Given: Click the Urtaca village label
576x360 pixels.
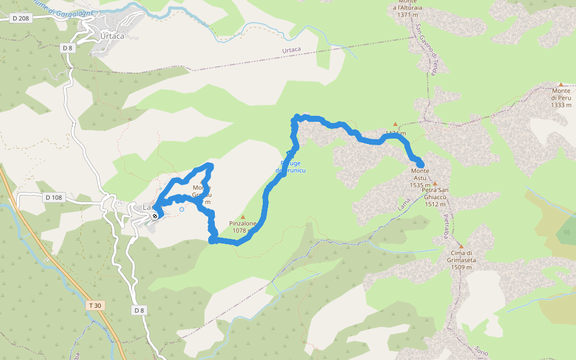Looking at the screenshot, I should coord(112,36).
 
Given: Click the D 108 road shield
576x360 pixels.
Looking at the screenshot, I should coord(53,197).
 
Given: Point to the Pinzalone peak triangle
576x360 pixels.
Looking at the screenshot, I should coord(243,217).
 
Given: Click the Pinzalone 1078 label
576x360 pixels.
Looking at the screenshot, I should coord(242,227).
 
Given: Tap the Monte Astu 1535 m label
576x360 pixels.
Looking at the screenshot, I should coord(419,178).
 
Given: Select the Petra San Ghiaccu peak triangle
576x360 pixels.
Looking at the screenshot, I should coord(435,184).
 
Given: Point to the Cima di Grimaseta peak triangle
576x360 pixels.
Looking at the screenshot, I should coord(461,246).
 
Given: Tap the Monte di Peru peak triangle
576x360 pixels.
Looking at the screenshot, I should coord(561,85).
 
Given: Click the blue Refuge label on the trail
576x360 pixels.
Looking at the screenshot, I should coord(291,167).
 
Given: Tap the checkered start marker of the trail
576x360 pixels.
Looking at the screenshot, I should coord(155,215).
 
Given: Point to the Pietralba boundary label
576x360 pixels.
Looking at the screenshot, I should coord(446,227).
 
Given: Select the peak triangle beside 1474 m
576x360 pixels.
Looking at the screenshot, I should coord(395,124).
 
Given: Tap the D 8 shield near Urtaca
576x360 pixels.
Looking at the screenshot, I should coord(67,47).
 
